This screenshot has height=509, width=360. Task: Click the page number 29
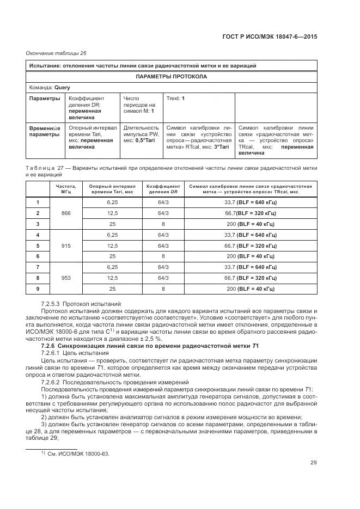click(314, 463)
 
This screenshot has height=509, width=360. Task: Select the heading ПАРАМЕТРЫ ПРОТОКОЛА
click(171, 77)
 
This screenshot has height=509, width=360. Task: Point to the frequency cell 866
click(66, 213)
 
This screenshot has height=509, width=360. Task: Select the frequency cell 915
click(66, 245)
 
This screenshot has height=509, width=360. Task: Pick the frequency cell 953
click(66, 277)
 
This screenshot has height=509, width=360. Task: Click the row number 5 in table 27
click(38, 245)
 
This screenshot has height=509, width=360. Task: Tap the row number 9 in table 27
click(38, 288)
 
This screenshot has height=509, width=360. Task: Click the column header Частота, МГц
click(66, 188)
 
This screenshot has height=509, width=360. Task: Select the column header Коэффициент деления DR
click(163, 188)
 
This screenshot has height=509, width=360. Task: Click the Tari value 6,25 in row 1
click(112, 203)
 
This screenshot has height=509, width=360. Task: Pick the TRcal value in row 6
click(250, 256)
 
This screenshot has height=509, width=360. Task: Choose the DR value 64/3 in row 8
click(163, 277)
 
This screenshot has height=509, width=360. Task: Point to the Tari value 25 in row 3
click(112, 224)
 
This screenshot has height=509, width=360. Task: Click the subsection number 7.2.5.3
click(50, 303)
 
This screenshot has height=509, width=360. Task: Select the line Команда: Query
click(50, 87)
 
